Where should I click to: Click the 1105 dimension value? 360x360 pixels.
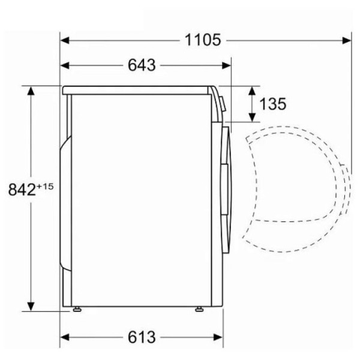(x=203, y=40)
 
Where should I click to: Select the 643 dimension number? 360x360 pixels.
(x=142, y=65)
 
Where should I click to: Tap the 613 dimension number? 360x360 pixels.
(x=142, y=337)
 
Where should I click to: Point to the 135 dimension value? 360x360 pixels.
(x=273, y=104)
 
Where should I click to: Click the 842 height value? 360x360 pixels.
(x=22, y=190)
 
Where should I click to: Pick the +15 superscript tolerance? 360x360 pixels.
(x=45, y=187)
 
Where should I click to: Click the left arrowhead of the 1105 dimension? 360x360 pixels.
(x=65, y=41)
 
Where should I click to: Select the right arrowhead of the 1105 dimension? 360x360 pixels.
(x=347, y=41)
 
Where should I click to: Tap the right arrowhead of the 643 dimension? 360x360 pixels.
(x=226, y=65)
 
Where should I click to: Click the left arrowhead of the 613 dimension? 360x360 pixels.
(x=65, y=337)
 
